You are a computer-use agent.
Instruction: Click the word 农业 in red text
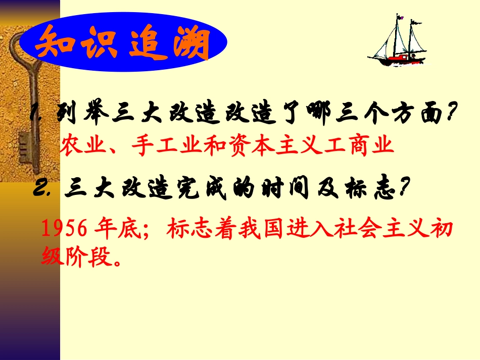click(x=79, y=146)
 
